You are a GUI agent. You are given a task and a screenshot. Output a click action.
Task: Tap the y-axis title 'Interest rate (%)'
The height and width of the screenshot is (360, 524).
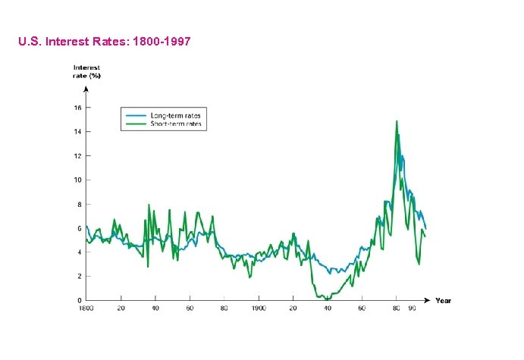coord(86,72)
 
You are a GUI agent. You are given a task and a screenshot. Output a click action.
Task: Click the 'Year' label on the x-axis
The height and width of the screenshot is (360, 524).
coord(444,301)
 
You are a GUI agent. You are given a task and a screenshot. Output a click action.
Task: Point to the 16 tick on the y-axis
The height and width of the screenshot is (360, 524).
coord(77,108)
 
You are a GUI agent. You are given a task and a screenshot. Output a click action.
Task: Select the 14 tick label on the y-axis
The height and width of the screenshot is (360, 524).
coord(77,132)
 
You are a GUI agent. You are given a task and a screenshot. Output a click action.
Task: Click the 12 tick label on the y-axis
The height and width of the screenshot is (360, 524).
coord(77,156)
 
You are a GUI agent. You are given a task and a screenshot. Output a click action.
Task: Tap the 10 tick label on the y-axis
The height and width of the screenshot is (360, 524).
coord(77,180)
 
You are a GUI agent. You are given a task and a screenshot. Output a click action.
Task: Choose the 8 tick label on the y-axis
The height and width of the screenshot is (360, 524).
coord(79,205)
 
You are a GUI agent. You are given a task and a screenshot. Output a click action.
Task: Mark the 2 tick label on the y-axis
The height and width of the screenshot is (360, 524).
coord(79,277)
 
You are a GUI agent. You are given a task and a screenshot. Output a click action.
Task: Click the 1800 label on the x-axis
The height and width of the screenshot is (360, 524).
coord(86,309)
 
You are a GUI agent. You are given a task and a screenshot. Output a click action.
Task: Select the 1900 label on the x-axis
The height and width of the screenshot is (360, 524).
coord(259,309)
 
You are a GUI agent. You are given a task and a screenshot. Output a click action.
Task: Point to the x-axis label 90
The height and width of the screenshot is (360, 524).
coord(413,309)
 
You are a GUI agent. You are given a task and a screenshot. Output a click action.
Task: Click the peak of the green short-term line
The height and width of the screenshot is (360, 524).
coord(396,121)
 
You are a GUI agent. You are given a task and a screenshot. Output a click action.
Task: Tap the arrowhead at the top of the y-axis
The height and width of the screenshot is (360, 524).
coord(86,89)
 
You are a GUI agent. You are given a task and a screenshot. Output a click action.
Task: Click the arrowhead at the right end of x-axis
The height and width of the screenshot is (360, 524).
coord(428,301)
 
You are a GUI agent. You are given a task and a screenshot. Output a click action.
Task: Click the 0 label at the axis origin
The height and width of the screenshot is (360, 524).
coord(79,301)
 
